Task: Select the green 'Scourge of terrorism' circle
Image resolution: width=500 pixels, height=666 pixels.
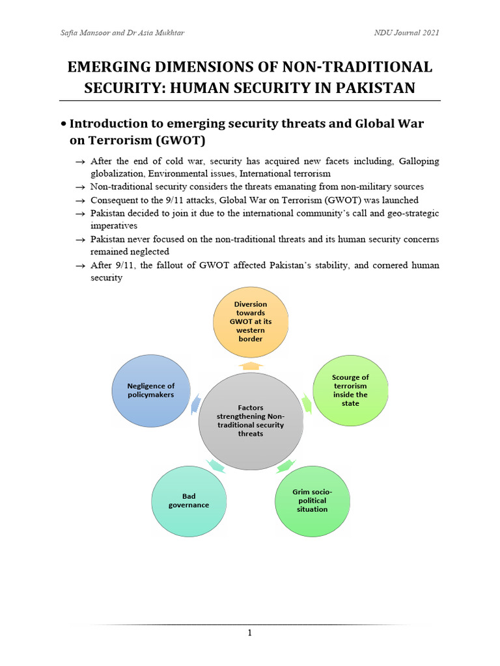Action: pyautogui.click(x=350, y=390)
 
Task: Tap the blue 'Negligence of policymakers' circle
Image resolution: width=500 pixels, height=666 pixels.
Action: pyautogui.click(x=151, y=390)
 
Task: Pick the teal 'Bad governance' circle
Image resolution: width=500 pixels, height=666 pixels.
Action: pyautogui.click(x=189, y=500)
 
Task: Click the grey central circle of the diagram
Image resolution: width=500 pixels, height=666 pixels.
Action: pyautogui.click(x=251, y=421)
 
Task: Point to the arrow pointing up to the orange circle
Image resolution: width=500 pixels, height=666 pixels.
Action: pyautogui.click(x=250, y=366)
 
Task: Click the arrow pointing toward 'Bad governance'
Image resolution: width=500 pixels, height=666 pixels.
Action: pyautogui.click(x=214, y=465)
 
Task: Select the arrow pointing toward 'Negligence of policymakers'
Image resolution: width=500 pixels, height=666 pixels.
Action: pyautogui.click(x=196, y=405)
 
